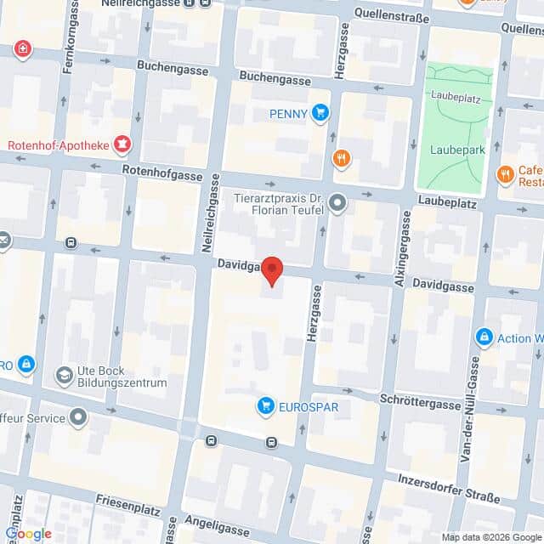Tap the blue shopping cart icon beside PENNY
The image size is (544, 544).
tap(320, 112)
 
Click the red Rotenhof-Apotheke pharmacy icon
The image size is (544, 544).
tap(124, 144)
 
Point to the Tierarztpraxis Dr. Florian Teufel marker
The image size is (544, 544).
tap(338, 203)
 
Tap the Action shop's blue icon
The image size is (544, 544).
tap(484, 338)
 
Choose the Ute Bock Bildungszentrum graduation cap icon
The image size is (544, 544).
tap(64, 375)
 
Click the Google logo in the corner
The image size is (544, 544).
tap(28, 533)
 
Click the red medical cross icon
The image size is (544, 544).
tap(21, 49)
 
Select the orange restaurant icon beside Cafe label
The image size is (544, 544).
tap(505, 175)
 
